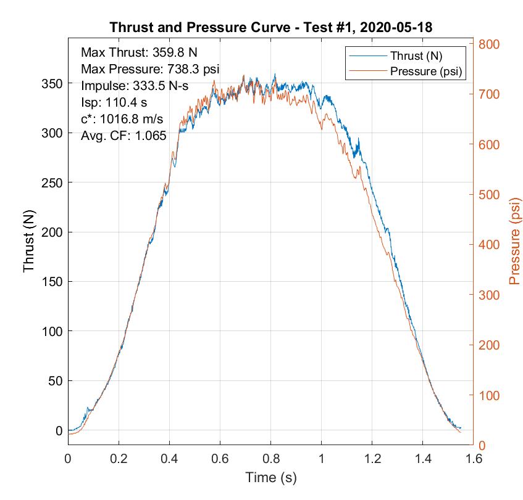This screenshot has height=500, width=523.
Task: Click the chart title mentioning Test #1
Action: [x=270, y=28]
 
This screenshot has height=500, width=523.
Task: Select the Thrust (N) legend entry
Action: [x=416, y=55]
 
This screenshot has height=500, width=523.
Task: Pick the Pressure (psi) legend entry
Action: [x=426, y=71]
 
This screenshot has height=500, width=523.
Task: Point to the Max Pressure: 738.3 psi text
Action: [x=150, y=68]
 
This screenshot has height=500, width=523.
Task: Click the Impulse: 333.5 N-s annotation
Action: [x=143, y=86]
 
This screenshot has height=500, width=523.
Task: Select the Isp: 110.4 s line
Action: [x=114, y=102]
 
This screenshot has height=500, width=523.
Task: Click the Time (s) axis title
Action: [x=270, y=477]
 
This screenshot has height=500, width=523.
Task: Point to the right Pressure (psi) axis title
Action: [x=514, y=241]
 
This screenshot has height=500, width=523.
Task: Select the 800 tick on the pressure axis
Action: [x=488, y=44]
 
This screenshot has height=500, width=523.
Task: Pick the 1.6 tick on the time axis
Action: [x=473, y=459]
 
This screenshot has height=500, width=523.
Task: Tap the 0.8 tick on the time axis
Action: [x=270, y=459]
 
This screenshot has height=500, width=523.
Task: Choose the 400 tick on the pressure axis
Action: [x=488, y=245]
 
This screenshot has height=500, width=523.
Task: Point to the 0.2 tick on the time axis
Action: [x=119, y=459]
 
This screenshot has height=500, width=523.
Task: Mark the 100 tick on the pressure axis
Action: [x=488, y=396]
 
